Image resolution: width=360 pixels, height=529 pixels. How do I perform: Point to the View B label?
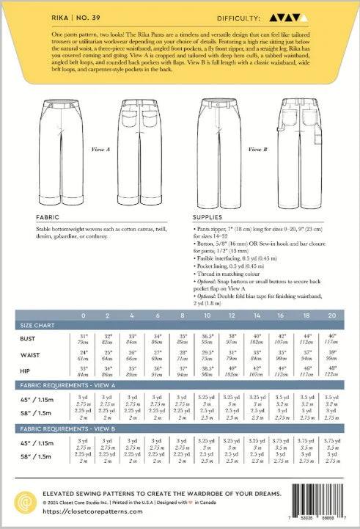point(256,149)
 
